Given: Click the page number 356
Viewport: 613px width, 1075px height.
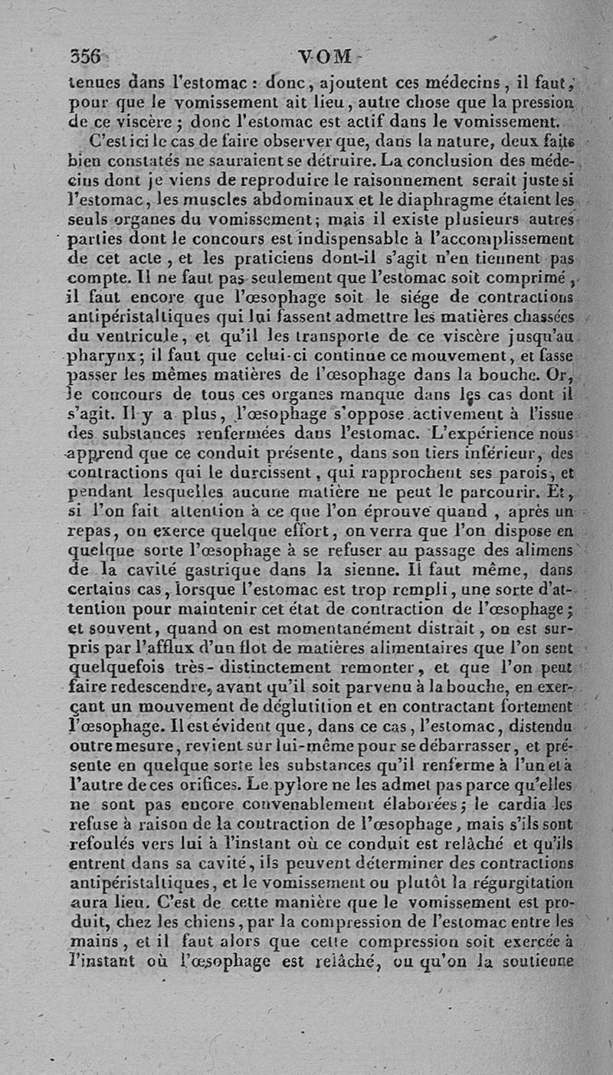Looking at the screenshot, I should click(x=86, y=57).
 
